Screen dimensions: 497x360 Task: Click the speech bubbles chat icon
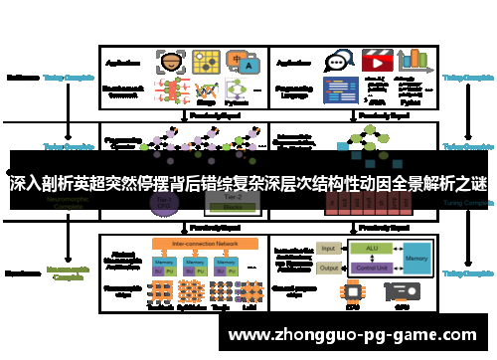click(x=340, y=61)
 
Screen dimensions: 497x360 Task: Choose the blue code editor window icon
click(x=340, y=90)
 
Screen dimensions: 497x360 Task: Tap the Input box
click(x=328, y=248)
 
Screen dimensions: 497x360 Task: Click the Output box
click(x=328, y=267)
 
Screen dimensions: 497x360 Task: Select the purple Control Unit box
click(x=372, y=267)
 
